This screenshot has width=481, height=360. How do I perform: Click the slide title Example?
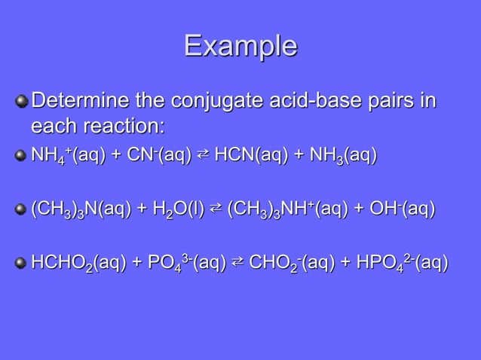[240, 46]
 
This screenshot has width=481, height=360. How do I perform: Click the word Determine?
[84, 100]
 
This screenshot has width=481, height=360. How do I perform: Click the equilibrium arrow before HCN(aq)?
[203, 155]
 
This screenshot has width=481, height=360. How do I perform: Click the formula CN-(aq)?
[158, 156]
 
